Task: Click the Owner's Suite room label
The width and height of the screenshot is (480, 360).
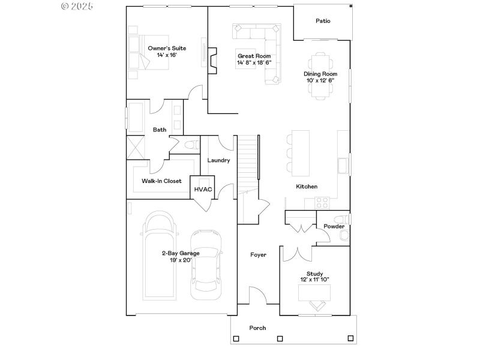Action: pyautogui.click(x=167, y=48)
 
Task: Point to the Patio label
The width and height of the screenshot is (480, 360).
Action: pyautogui.click(x=323, y=21)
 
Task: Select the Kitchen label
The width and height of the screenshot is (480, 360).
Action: pyautogui.click(x=307, y=187)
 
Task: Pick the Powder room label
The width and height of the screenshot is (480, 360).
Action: pyautogui.click(x=334, y=226)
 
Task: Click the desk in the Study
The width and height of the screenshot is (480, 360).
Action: pyautogui.click(x=315, y=292)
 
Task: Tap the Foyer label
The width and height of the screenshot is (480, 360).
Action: pyautogui.click(x=258, y=255)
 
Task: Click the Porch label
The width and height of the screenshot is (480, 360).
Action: pyautogui.click(x=257, y=328)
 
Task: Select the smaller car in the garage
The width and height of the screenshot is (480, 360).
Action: pyautogui.click(x=206, y=264)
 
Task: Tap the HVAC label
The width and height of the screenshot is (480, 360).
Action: pyautogui.click(x=203, y=190)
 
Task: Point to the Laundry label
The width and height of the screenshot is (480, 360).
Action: pyautogui.click(x=218, y=160)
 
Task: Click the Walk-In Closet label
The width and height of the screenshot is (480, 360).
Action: pyautogui.click(x=161, y=181)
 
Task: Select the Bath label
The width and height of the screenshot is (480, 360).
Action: pyautogui.click(x=160, y=130)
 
